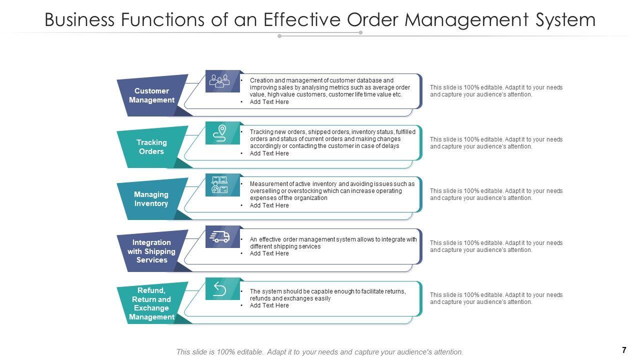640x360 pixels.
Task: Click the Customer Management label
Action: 151,95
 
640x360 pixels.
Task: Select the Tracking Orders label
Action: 151,147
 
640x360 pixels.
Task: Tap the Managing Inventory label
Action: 151,199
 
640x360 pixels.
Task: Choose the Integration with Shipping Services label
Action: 151,251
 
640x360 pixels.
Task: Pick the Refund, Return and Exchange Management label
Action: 151,303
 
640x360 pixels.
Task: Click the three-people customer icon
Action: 219,81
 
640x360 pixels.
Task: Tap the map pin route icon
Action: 219,133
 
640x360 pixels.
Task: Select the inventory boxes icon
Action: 219,185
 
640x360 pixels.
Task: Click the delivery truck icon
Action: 219,236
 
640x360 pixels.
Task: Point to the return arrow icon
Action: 219,289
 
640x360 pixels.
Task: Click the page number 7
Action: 624,350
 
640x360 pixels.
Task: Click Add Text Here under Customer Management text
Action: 269,102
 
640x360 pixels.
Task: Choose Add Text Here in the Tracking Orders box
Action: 269,153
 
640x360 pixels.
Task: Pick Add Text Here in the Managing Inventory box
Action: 269,205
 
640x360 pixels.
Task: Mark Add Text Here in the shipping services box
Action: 269,253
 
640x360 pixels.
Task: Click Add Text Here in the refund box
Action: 269,305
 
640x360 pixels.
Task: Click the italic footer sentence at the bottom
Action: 320,352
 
